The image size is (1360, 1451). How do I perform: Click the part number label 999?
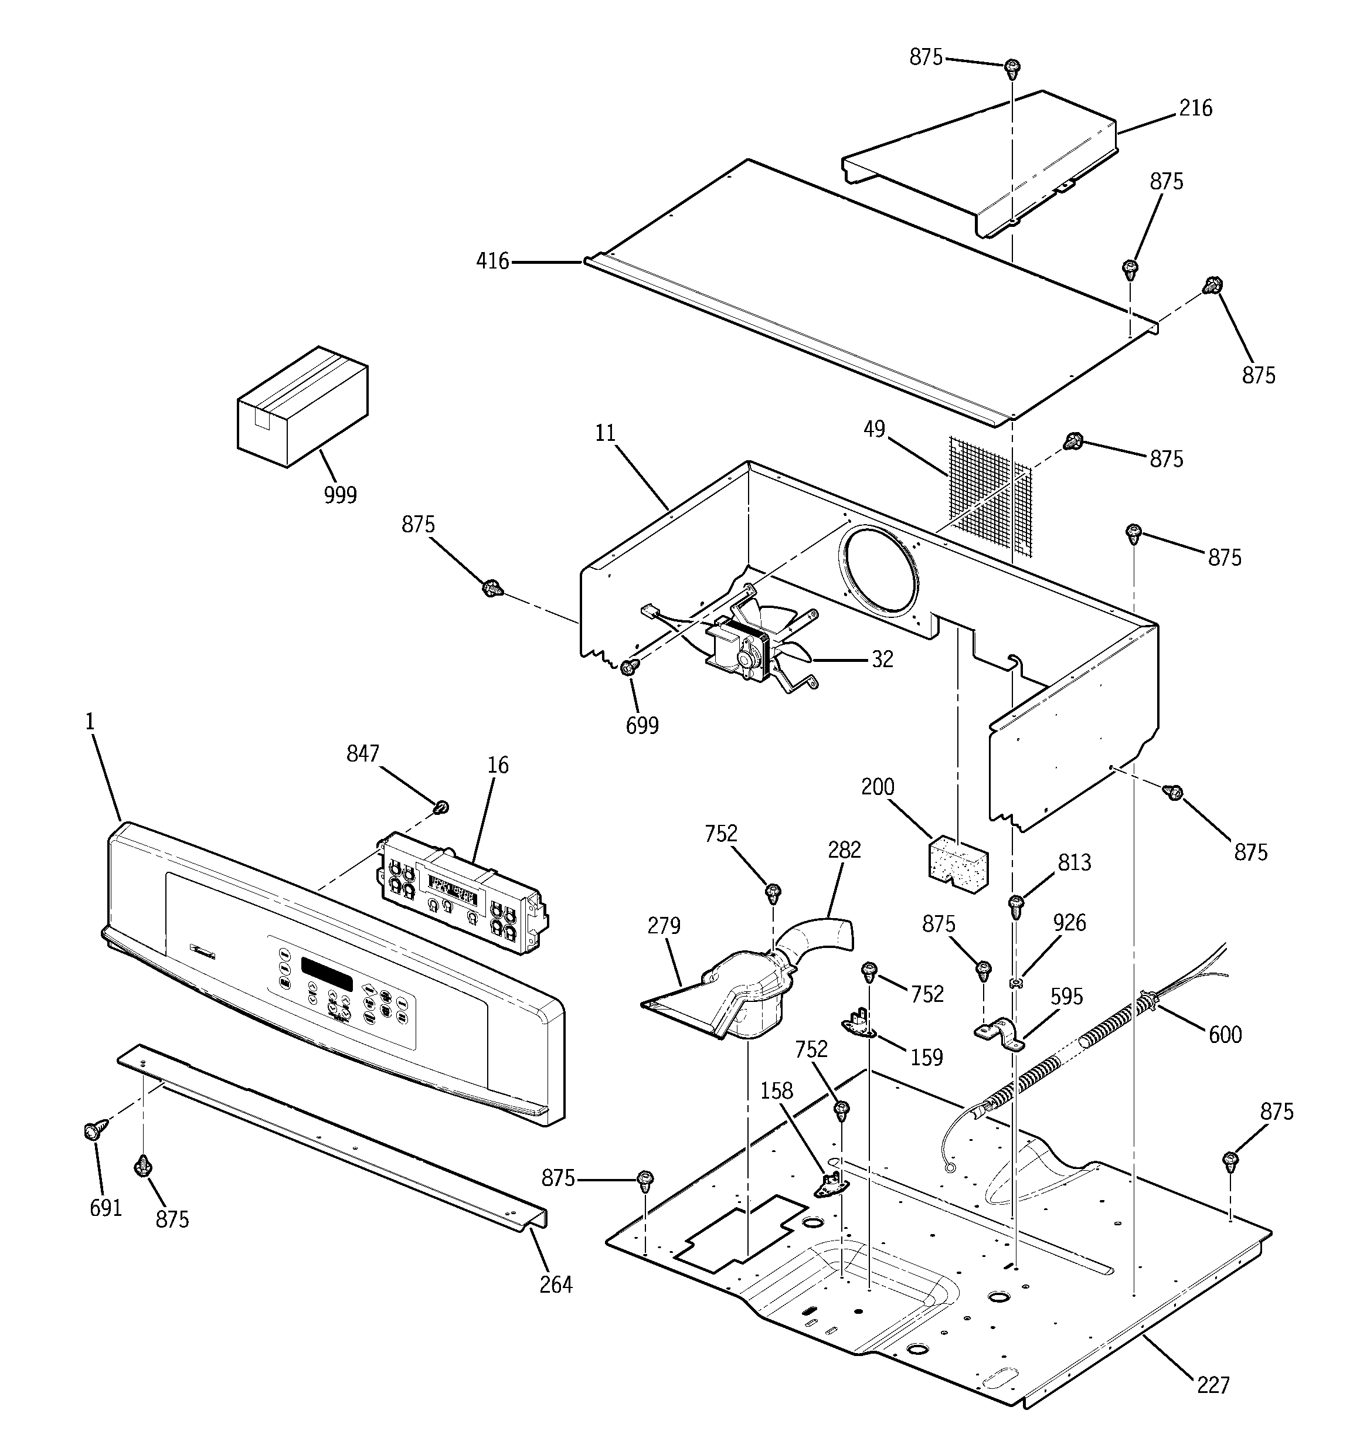point(340,495)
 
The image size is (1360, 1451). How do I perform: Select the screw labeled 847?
point(441,807)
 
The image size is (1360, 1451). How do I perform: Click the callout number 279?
point(664,926)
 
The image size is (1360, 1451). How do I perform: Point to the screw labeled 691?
point(93,1132)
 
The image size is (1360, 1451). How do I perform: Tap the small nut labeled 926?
point(1014,984)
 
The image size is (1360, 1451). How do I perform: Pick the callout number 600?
point(1224,1034)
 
